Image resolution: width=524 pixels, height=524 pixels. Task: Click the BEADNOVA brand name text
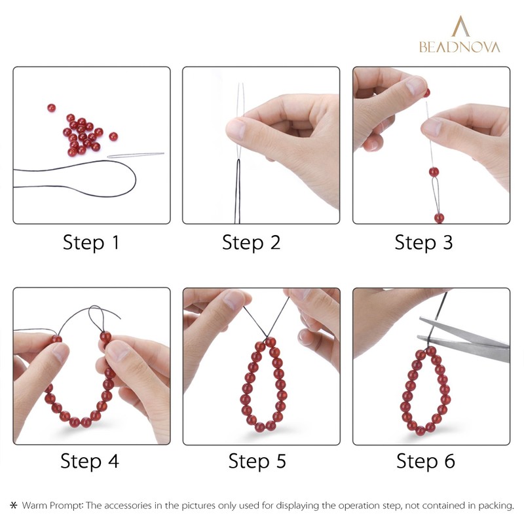click(x=459, y=47)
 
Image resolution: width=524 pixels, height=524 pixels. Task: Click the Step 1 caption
click(x=91, y=243)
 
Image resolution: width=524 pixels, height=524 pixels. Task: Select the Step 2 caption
click(x=251, y=243)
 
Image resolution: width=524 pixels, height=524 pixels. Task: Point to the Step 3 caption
click(x=423, y=243)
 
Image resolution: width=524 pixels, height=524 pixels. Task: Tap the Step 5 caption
click(x=257, y=461)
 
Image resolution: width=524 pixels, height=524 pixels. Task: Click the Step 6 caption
click(x=425, y=461)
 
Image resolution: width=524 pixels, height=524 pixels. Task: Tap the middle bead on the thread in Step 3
click(x=434, y=172)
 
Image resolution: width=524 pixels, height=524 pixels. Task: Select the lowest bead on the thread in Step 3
click(x=438, y=217)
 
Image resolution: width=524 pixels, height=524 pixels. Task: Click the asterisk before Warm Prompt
click(x=13, y=506)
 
